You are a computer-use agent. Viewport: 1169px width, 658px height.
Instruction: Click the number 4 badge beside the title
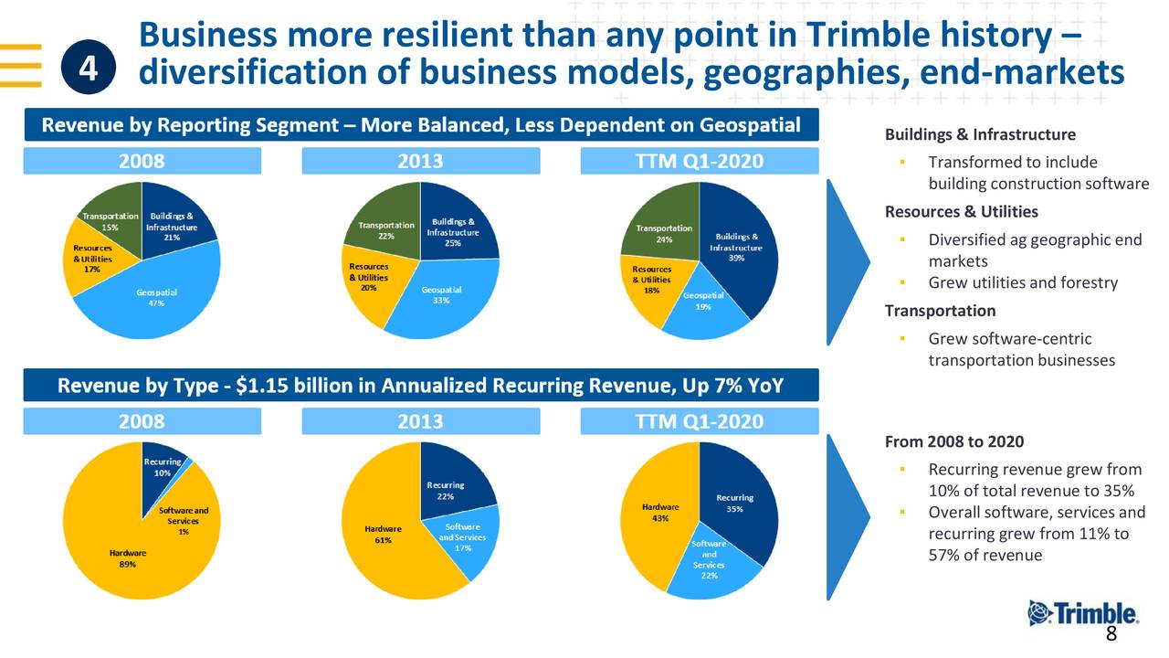[89, 68]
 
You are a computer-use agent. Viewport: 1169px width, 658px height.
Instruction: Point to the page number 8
[1111, 636]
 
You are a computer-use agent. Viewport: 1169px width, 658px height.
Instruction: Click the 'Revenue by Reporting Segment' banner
[421, 125]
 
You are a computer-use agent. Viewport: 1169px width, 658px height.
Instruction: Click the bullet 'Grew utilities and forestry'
[1023, 282]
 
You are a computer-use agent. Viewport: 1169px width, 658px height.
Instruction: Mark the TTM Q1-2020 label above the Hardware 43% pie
[699, 421]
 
